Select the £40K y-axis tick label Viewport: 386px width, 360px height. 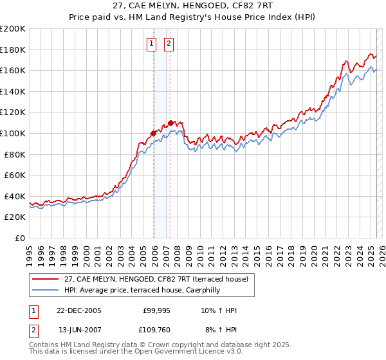[x=15, y=196]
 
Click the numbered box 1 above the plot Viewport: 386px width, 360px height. [x=151, y=44]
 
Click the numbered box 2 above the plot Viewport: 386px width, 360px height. [x=169, y=44]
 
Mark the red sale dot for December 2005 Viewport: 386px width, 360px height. [x=154, y=134]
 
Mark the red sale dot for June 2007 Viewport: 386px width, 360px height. [x=170, y=123]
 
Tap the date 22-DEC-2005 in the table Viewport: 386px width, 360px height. [x=79, y=310]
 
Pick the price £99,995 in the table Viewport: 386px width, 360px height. [x=157, y=310]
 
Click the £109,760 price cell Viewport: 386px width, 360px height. [x=157, y=331]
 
